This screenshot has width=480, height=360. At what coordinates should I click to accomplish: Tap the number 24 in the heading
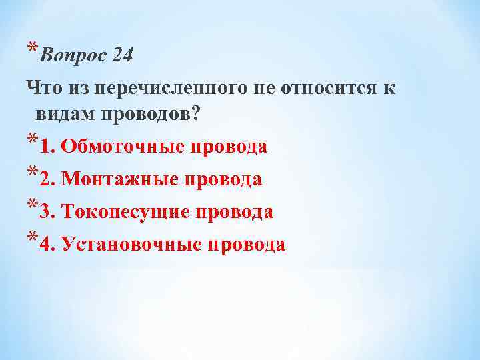click(x=123, y=55)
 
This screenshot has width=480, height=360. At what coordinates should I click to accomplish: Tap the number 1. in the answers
click(x=47, y=147)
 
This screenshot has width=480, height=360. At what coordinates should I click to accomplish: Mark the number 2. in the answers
click(x=47, y=179)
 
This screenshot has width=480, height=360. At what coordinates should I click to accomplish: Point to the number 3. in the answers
click(x=47, y=212)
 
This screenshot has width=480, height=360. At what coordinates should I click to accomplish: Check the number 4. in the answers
click(x=47, y=245)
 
